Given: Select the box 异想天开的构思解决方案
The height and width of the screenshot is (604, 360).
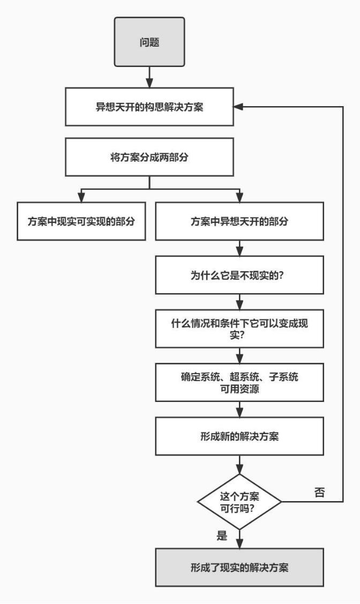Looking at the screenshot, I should pos(150,107).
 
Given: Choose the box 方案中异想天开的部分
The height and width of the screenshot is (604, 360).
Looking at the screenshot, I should pos(239,221).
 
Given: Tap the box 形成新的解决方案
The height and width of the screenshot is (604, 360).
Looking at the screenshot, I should pos(239,435).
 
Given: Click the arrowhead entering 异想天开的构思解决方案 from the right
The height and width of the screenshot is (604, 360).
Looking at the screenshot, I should pos(237,107).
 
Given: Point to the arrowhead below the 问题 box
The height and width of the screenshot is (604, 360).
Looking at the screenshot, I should pos(150,84).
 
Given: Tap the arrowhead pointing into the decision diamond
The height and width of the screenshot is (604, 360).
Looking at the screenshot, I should pos(239,469).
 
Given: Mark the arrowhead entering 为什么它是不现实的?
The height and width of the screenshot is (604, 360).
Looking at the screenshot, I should pos(239,252).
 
